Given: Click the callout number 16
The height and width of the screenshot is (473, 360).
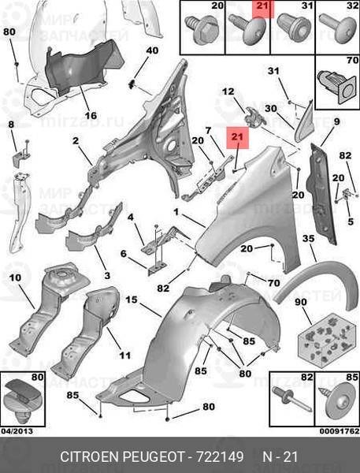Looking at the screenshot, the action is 91,115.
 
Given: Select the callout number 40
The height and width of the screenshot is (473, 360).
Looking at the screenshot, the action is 152,50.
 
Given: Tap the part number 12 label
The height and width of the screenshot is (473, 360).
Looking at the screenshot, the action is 228,91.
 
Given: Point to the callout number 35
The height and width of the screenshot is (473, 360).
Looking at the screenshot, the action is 309,239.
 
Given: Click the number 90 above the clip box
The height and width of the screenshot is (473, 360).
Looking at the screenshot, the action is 301,302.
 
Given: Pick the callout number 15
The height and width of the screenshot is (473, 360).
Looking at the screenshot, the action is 132,300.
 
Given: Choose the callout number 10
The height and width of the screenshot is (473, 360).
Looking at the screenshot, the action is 15,277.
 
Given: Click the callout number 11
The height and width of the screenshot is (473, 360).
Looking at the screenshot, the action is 124,356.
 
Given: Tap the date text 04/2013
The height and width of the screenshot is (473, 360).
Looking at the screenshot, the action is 17,431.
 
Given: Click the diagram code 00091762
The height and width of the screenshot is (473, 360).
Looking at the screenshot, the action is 340,431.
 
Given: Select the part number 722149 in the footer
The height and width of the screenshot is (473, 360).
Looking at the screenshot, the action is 220,456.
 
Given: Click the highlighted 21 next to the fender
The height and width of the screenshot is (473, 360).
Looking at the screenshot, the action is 238,137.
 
